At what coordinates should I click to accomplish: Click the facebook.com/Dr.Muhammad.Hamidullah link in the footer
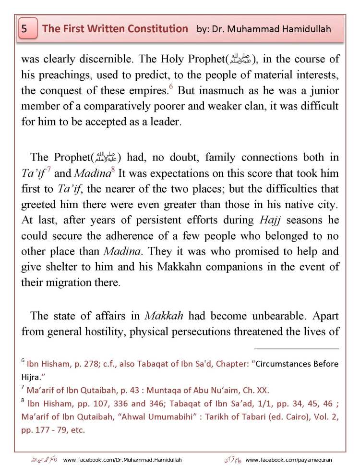[x=122, y=460]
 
